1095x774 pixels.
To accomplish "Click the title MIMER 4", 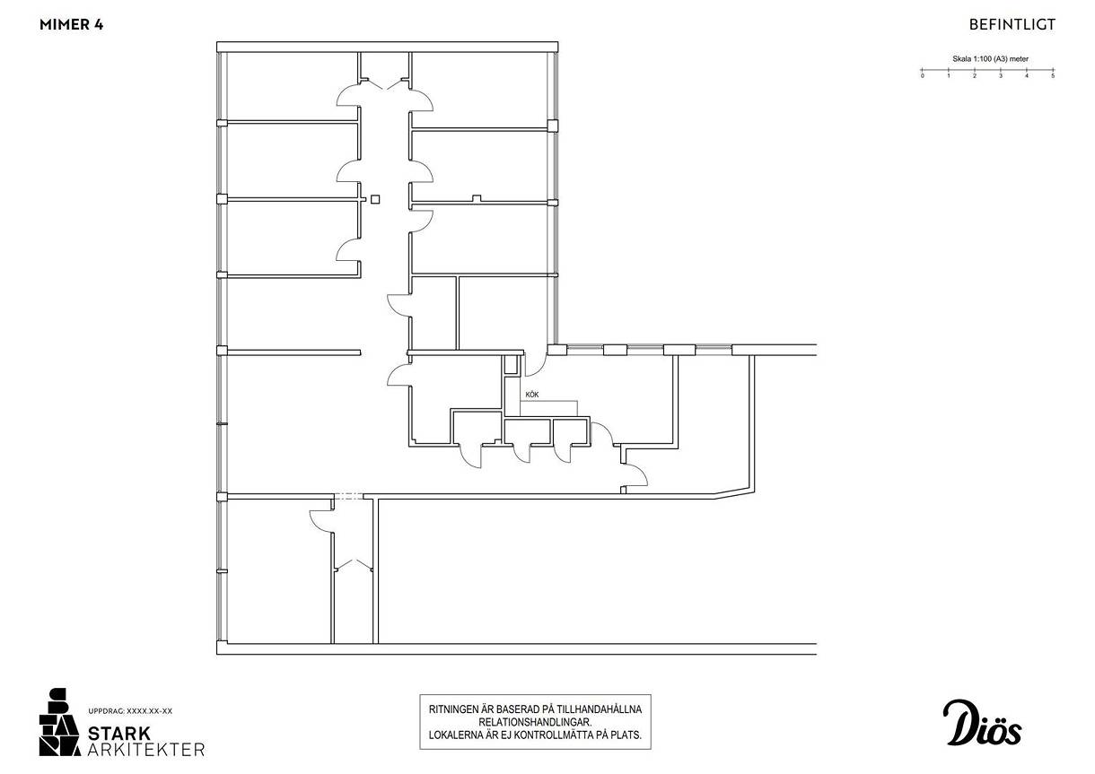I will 72,25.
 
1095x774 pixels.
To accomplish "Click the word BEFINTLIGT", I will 1012,25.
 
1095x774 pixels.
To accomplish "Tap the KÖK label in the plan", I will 532,395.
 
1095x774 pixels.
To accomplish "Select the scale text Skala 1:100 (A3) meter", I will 990,59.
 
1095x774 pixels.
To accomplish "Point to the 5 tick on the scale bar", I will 1053,72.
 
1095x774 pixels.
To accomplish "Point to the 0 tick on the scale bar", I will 922,72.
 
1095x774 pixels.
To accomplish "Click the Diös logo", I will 981,723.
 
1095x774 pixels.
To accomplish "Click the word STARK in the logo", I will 118,733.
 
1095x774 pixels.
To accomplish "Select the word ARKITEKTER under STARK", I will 146,749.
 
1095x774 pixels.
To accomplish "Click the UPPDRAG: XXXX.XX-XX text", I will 130,711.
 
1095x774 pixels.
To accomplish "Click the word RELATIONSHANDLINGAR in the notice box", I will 535,721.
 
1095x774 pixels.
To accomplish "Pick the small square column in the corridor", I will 376,199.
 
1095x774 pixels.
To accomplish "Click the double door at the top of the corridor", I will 385,83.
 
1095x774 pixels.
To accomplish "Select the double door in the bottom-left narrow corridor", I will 353,565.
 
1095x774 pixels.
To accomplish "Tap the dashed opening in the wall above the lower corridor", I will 350,496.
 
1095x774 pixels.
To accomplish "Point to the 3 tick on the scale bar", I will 1001,72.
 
